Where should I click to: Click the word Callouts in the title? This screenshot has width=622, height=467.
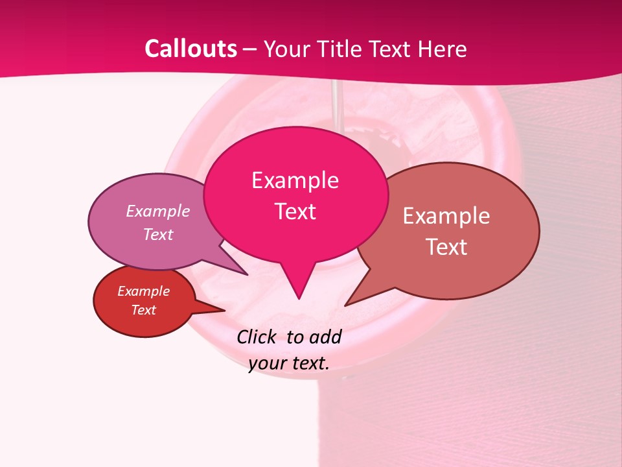tap(190, 49)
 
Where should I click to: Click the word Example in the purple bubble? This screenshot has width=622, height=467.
tap(158, 211)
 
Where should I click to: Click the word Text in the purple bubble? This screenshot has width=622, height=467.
tap(158, 234)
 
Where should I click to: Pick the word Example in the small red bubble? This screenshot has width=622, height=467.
tap(144, 291)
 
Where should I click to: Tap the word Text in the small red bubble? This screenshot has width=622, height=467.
tap(144, 310)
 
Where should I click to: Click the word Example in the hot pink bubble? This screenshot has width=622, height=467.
tap(295, 180)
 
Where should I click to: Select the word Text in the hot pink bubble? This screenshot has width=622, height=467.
tap(295, 211)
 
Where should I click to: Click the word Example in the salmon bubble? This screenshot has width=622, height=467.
tap(446, 215)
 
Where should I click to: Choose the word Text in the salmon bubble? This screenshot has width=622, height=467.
tap(446, 246)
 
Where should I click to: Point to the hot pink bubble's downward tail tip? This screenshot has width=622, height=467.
tap(299, 298)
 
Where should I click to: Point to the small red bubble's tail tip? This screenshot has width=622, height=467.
tap(224, 311)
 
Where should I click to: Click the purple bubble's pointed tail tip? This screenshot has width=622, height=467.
tap(247, 274)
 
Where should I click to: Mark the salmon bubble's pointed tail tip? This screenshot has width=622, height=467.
tap(345, 305)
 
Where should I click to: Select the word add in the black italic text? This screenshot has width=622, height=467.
tap(325, 337)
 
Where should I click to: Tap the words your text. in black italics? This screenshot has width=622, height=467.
tap(289, 363)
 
